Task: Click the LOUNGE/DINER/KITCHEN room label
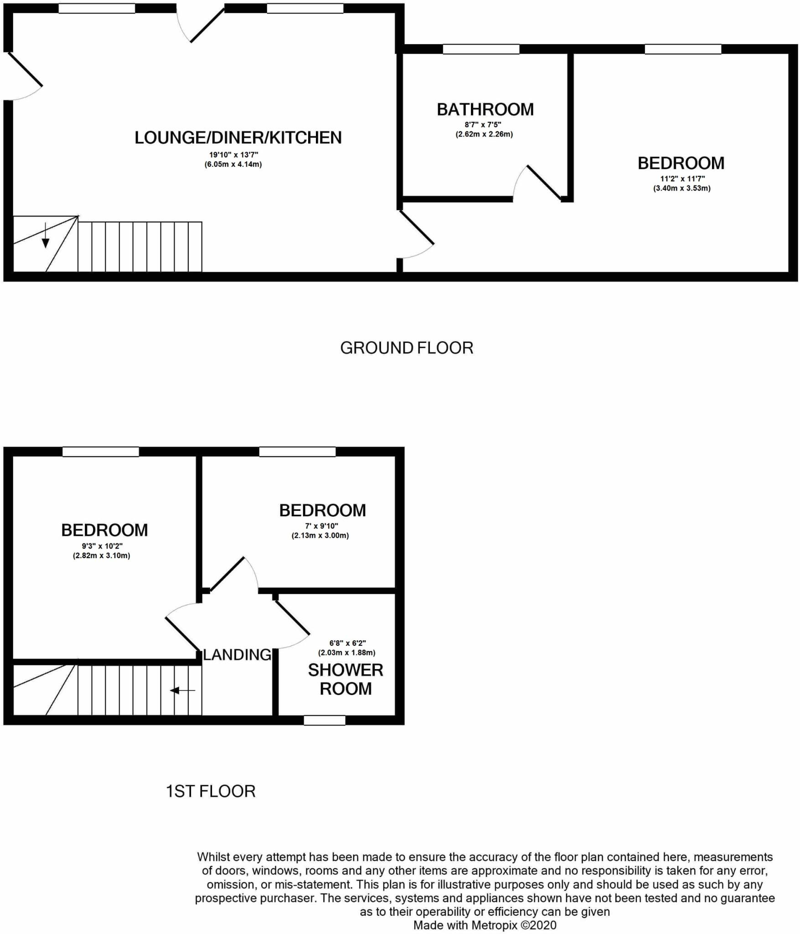(237, 138)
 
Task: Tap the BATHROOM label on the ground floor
(485, 109)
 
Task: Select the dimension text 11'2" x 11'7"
(681, 179)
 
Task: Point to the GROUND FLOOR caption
(407, 348)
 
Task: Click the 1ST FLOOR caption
(210, 791)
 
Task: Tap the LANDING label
(237, 655)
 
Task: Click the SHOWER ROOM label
(346, 679)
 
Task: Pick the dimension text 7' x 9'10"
(321, 526)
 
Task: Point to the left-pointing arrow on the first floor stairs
(182, 691)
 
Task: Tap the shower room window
(325, 720)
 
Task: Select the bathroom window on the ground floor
(481, 49)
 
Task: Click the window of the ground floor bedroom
(683, 49)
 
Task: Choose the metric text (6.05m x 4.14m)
(233, 164)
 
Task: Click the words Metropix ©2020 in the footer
(514, 925)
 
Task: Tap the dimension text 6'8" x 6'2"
(347, 643)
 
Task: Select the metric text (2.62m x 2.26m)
(484, 134)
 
